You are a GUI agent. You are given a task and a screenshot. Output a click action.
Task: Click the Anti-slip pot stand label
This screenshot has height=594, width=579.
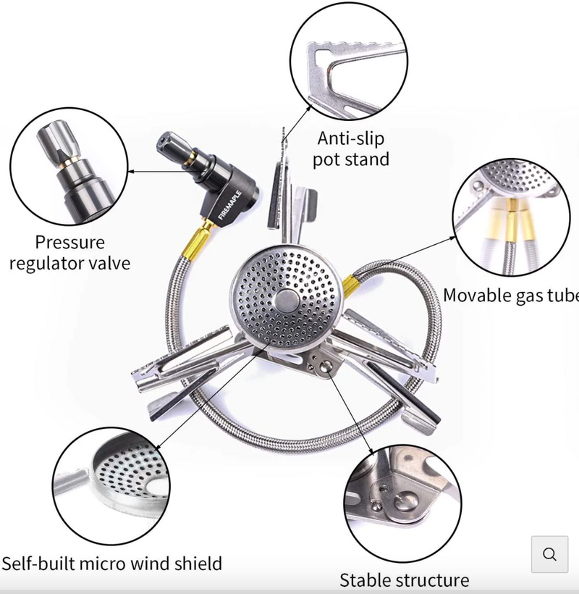tap(351, 148)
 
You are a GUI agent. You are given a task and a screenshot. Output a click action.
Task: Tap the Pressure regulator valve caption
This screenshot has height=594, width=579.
tap(70, 252)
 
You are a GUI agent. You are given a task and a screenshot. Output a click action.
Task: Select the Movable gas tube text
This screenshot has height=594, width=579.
tap(510, 296)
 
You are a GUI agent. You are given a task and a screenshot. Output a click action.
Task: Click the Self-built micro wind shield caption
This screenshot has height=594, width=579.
tap(111, 563)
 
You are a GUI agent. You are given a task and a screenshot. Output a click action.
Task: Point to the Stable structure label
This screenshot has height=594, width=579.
tap(404, 580)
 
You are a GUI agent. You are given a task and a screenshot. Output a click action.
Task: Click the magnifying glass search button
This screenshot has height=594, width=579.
tap(549, 555)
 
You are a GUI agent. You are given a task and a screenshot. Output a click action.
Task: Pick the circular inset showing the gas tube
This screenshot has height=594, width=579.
tap(510, 217)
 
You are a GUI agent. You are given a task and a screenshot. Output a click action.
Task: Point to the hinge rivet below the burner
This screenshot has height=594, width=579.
tap(324, 367)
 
